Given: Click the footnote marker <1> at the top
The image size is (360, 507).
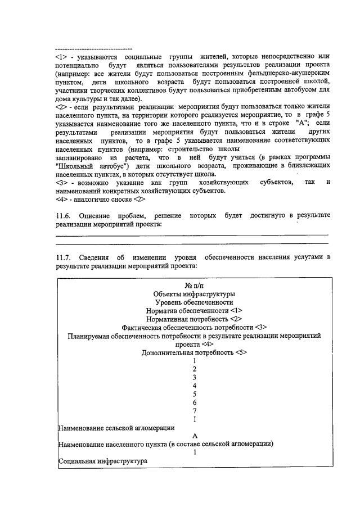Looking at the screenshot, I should coord(61,57).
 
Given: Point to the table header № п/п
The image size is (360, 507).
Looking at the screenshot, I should coord(193,285).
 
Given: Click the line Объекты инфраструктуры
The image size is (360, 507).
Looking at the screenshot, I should coord(193,293).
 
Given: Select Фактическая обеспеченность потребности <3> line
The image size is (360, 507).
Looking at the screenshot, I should coord(193,327).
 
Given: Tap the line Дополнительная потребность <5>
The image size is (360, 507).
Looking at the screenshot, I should coord(193,352).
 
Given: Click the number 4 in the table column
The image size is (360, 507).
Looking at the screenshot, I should coord(194,386).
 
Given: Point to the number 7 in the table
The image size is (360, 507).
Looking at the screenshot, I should coord(194,411).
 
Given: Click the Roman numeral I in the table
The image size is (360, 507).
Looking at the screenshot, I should coord(194,419).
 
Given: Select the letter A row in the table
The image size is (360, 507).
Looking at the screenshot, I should coord(194,436).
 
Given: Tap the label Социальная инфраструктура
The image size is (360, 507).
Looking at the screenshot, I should coord(103,461).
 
